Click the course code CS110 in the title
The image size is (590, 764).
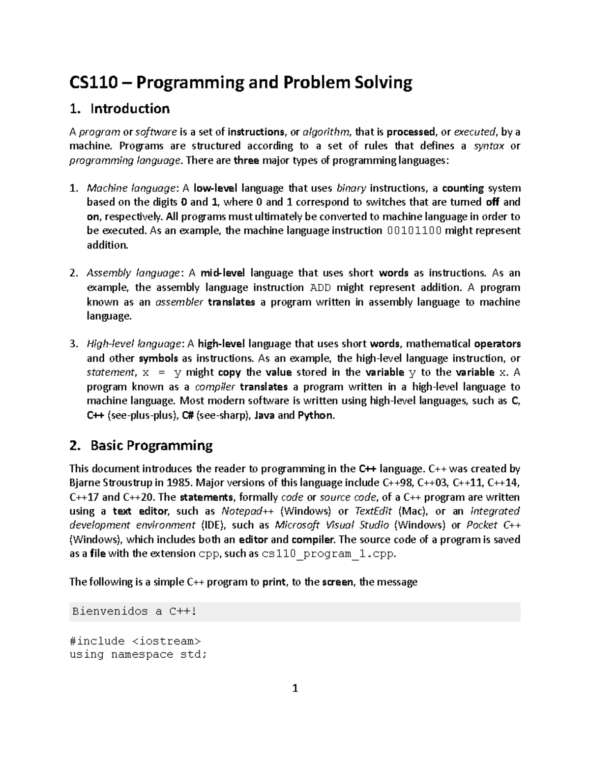[93, 83]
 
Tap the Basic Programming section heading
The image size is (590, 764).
[151, 446]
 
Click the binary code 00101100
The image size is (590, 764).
[414, 231]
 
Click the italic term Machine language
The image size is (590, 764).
[130, 188]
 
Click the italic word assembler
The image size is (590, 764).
[179, 302]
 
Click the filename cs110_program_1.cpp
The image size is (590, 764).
[328, 554]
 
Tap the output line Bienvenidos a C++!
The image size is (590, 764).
[134, 611]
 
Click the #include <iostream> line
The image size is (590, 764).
[135, 641]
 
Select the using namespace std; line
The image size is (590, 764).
[138, 654]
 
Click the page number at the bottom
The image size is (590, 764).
[295, 688]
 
